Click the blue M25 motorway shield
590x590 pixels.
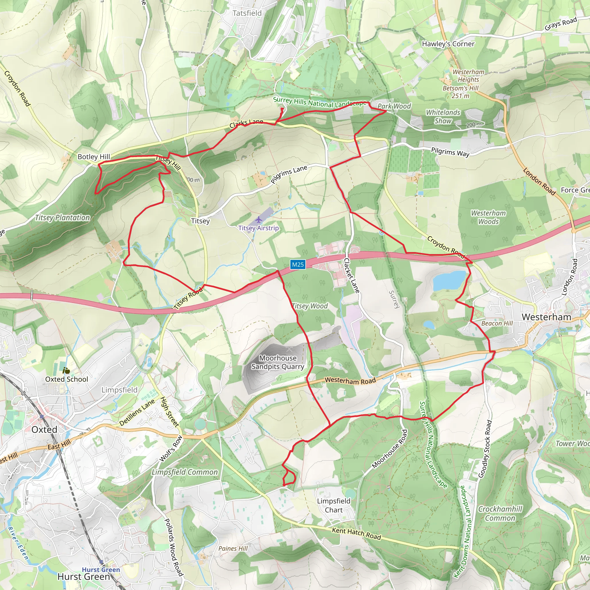298,264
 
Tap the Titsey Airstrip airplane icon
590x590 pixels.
259,220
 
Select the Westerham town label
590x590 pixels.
546,317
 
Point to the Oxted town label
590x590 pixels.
44,430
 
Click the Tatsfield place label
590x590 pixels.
247,13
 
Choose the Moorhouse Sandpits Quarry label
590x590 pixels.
278,362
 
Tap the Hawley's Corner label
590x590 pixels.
448,44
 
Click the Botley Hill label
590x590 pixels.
93,157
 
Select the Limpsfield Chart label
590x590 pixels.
334,505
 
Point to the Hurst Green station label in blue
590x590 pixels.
101,570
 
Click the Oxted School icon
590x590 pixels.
66,370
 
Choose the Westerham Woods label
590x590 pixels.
488,217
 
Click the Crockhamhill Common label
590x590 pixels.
500,513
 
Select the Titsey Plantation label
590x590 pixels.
62,218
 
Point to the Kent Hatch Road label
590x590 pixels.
356,534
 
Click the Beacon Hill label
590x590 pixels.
497,323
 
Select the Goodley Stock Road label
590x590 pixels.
485,449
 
